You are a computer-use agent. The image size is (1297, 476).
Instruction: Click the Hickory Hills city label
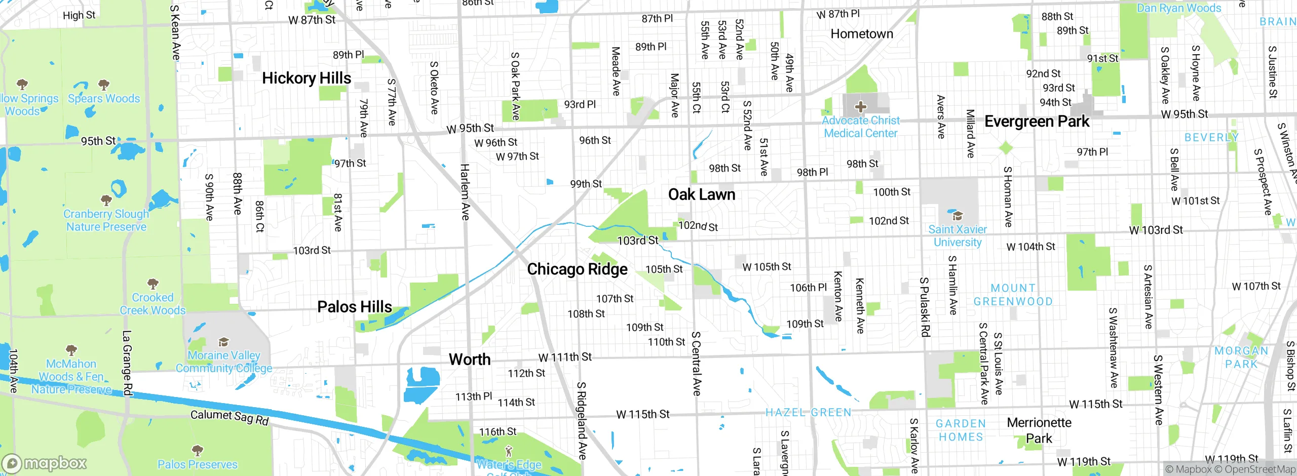307,78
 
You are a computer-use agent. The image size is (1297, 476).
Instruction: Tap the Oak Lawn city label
701,194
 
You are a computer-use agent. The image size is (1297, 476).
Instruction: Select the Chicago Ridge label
577,269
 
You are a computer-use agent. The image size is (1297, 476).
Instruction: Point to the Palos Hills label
354,307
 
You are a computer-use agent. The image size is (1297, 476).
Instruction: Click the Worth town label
470,360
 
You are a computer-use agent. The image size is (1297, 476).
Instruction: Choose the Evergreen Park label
1037,122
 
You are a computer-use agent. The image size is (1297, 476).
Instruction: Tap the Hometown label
862,34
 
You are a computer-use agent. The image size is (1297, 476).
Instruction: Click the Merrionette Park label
1039,430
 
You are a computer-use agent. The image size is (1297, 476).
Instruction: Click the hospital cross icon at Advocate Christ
860,107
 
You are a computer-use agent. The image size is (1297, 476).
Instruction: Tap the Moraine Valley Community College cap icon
223,342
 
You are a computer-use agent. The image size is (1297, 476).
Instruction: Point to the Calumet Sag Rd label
230,417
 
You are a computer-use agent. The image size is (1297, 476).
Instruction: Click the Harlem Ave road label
465,192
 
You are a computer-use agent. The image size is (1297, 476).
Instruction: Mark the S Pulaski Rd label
925,307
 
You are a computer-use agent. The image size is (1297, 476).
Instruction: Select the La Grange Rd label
127,363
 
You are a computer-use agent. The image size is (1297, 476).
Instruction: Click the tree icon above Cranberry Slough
106,201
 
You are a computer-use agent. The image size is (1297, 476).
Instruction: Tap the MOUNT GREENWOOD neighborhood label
1013,295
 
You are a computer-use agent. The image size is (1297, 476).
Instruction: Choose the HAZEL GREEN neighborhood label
808,413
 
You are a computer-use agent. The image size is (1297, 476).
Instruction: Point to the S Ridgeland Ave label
582,421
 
